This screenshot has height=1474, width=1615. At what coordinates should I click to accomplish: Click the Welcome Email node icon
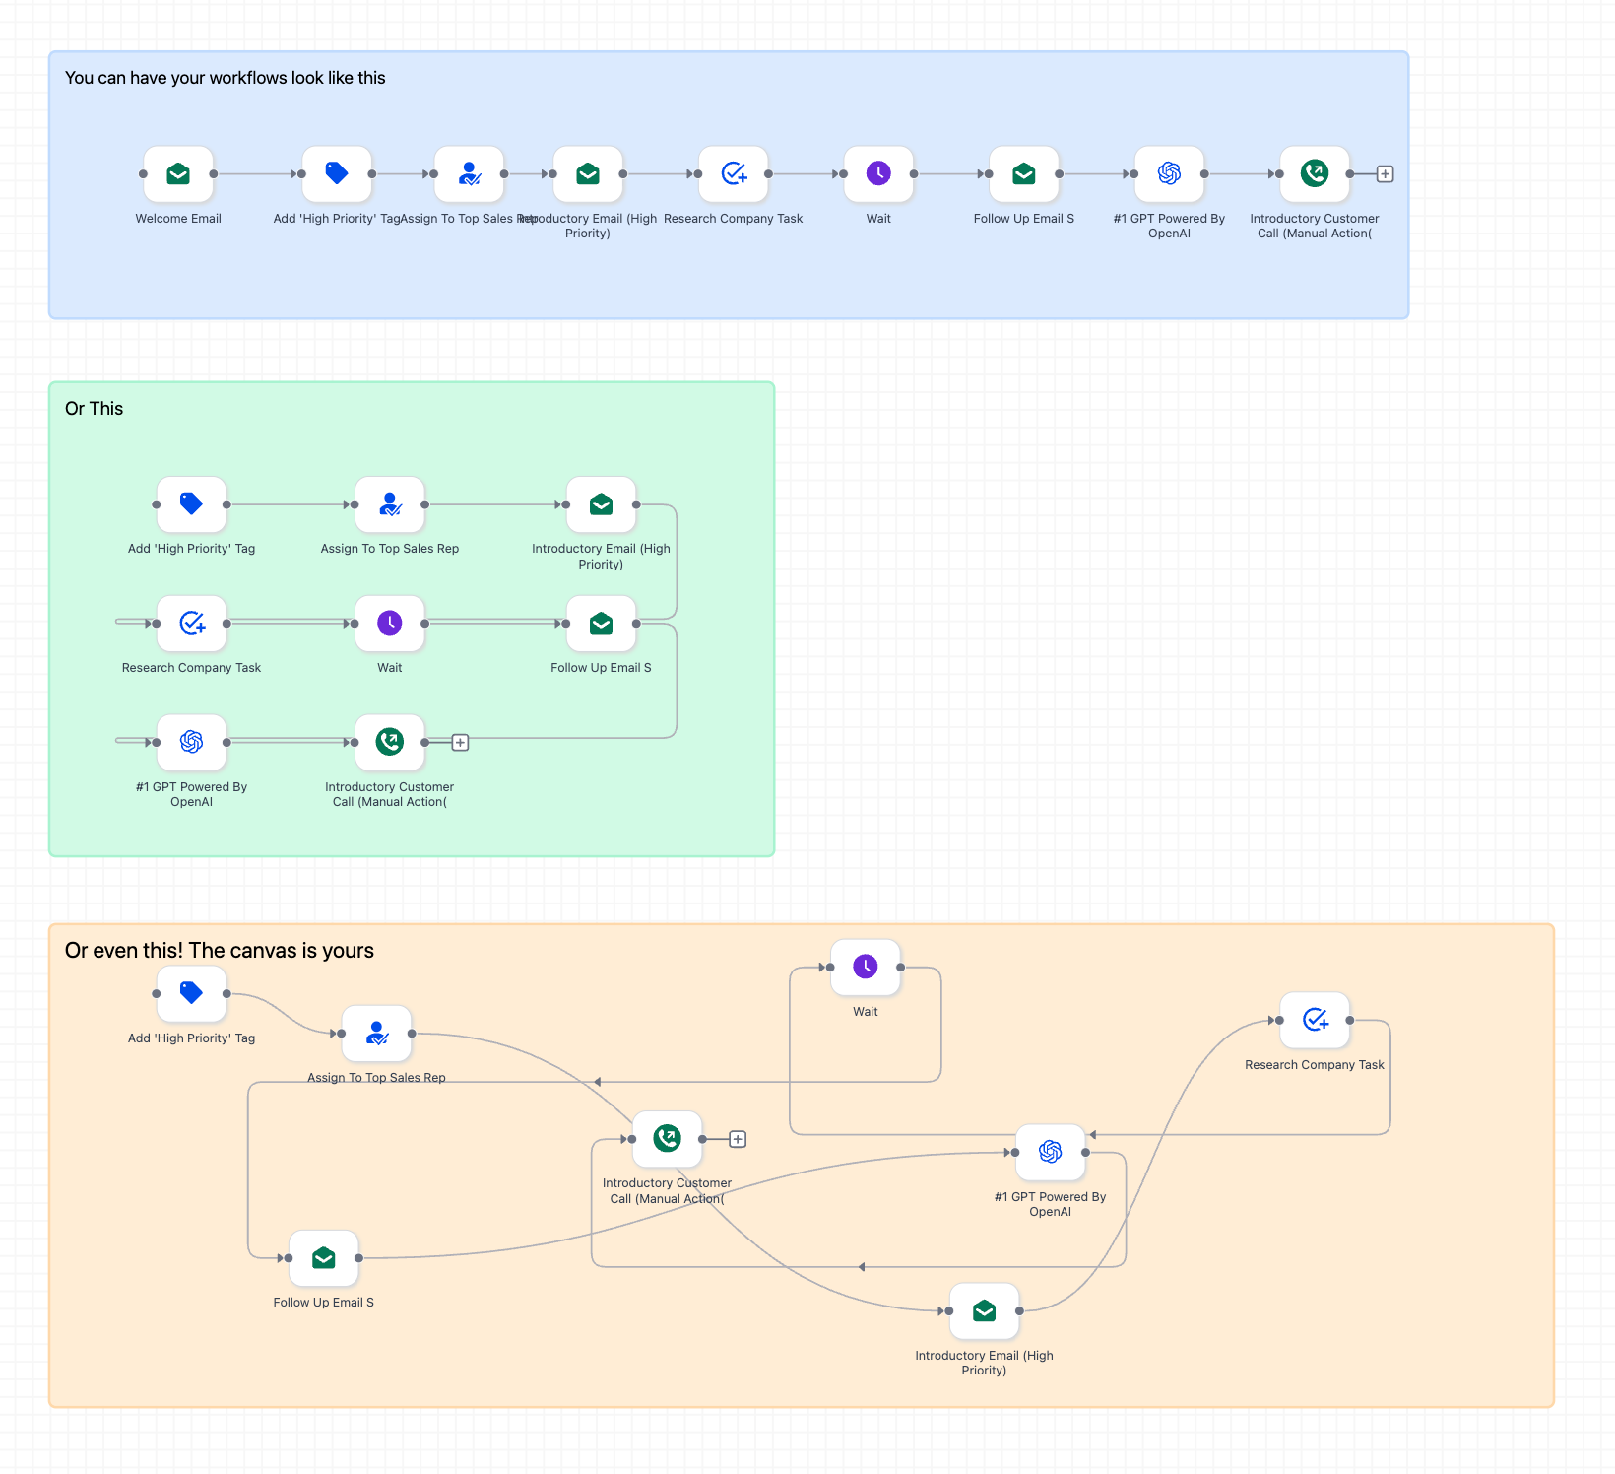coord(178,174)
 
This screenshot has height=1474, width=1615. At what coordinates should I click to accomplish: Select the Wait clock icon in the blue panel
coord(878,174)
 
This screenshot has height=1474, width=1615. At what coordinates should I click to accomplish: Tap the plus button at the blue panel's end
coord(1385,174)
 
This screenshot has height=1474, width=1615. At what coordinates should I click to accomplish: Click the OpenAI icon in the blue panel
coord(1169,174)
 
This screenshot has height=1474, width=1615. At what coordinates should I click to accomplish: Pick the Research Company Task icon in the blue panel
coord(734,174)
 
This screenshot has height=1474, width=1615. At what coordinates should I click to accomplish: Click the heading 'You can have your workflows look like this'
coord(225,78)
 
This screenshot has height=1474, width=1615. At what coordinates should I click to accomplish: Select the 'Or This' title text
coord(94,409)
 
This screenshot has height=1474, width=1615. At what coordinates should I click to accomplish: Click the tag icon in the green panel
coord(191,504)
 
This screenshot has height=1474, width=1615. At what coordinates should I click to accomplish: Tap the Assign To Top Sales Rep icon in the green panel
coord(390,504)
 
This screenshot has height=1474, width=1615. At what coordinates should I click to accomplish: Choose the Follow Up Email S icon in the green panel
coord(601,624)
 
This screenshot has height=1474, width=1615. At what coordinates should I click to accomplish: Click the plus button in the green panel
coord(460,743)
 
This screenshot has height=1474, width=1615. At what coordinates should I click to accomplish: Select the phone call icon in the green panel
coord(390,742)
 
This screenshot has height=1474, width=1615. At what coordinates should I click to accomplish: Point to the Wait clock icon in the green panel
coord(390,624)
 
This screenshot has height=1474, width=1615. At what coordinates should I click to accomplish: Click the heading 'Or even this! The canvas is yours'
coord(219,951)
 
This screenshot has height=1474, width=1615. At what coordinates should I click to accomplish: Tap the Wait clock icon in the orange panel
coord(866,968)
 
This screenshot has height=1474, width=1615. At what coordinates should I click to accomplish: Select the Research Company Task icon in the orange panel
coord(1315,1020)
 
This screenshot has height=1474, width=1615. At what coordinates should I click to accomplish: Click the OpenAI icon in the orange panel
coord(1050,1152)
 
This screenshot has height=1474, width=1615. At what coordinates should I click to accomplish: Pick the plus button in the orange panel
coord(738,1140)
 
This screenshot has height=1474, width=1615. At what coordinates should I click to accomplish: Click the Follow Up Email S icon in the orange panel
coord(323,1258)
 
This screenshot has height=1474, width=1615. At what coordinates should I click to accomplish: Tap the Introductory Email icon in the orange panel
coord(984,1311)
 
